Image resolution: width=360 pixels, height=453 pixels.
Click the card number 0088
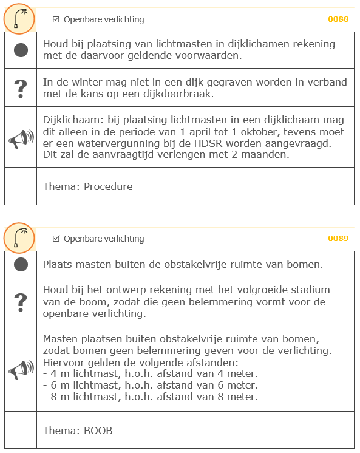[338, 19]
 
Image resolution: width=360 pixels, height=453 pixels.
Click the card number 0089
[338, 238]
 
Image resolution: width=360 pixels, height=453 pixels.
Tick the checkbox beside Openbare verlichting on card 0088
[56, 19]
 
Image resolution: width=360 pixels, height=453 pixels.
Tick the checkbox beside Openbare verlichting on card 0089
[56, 239]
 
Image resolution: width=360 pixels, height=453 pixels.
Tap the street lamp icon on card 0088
[20, 19]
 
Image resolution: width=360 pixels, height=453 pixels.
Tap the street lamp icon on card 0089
[20, 238]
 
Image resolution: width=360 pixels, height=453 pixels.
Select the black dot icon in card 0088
[21, 50]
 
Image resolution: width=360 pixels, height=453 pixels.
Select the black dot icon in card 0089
[21, 264]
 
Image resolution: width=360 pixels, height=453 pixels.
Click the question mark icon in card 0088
[21, 89]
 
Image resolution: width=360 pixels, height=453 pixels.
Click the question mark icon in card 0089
[21, 301]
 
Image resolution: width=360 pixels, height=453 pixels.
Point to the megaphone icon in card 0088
[21, 138]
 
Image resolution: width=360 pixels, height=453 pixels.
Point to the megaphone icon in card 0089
[21, 368]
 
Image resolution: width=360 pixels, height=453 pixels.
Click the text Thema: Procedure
[87, 186]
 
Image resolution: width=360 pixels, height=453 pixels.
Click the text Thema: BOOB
[78, 431]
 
